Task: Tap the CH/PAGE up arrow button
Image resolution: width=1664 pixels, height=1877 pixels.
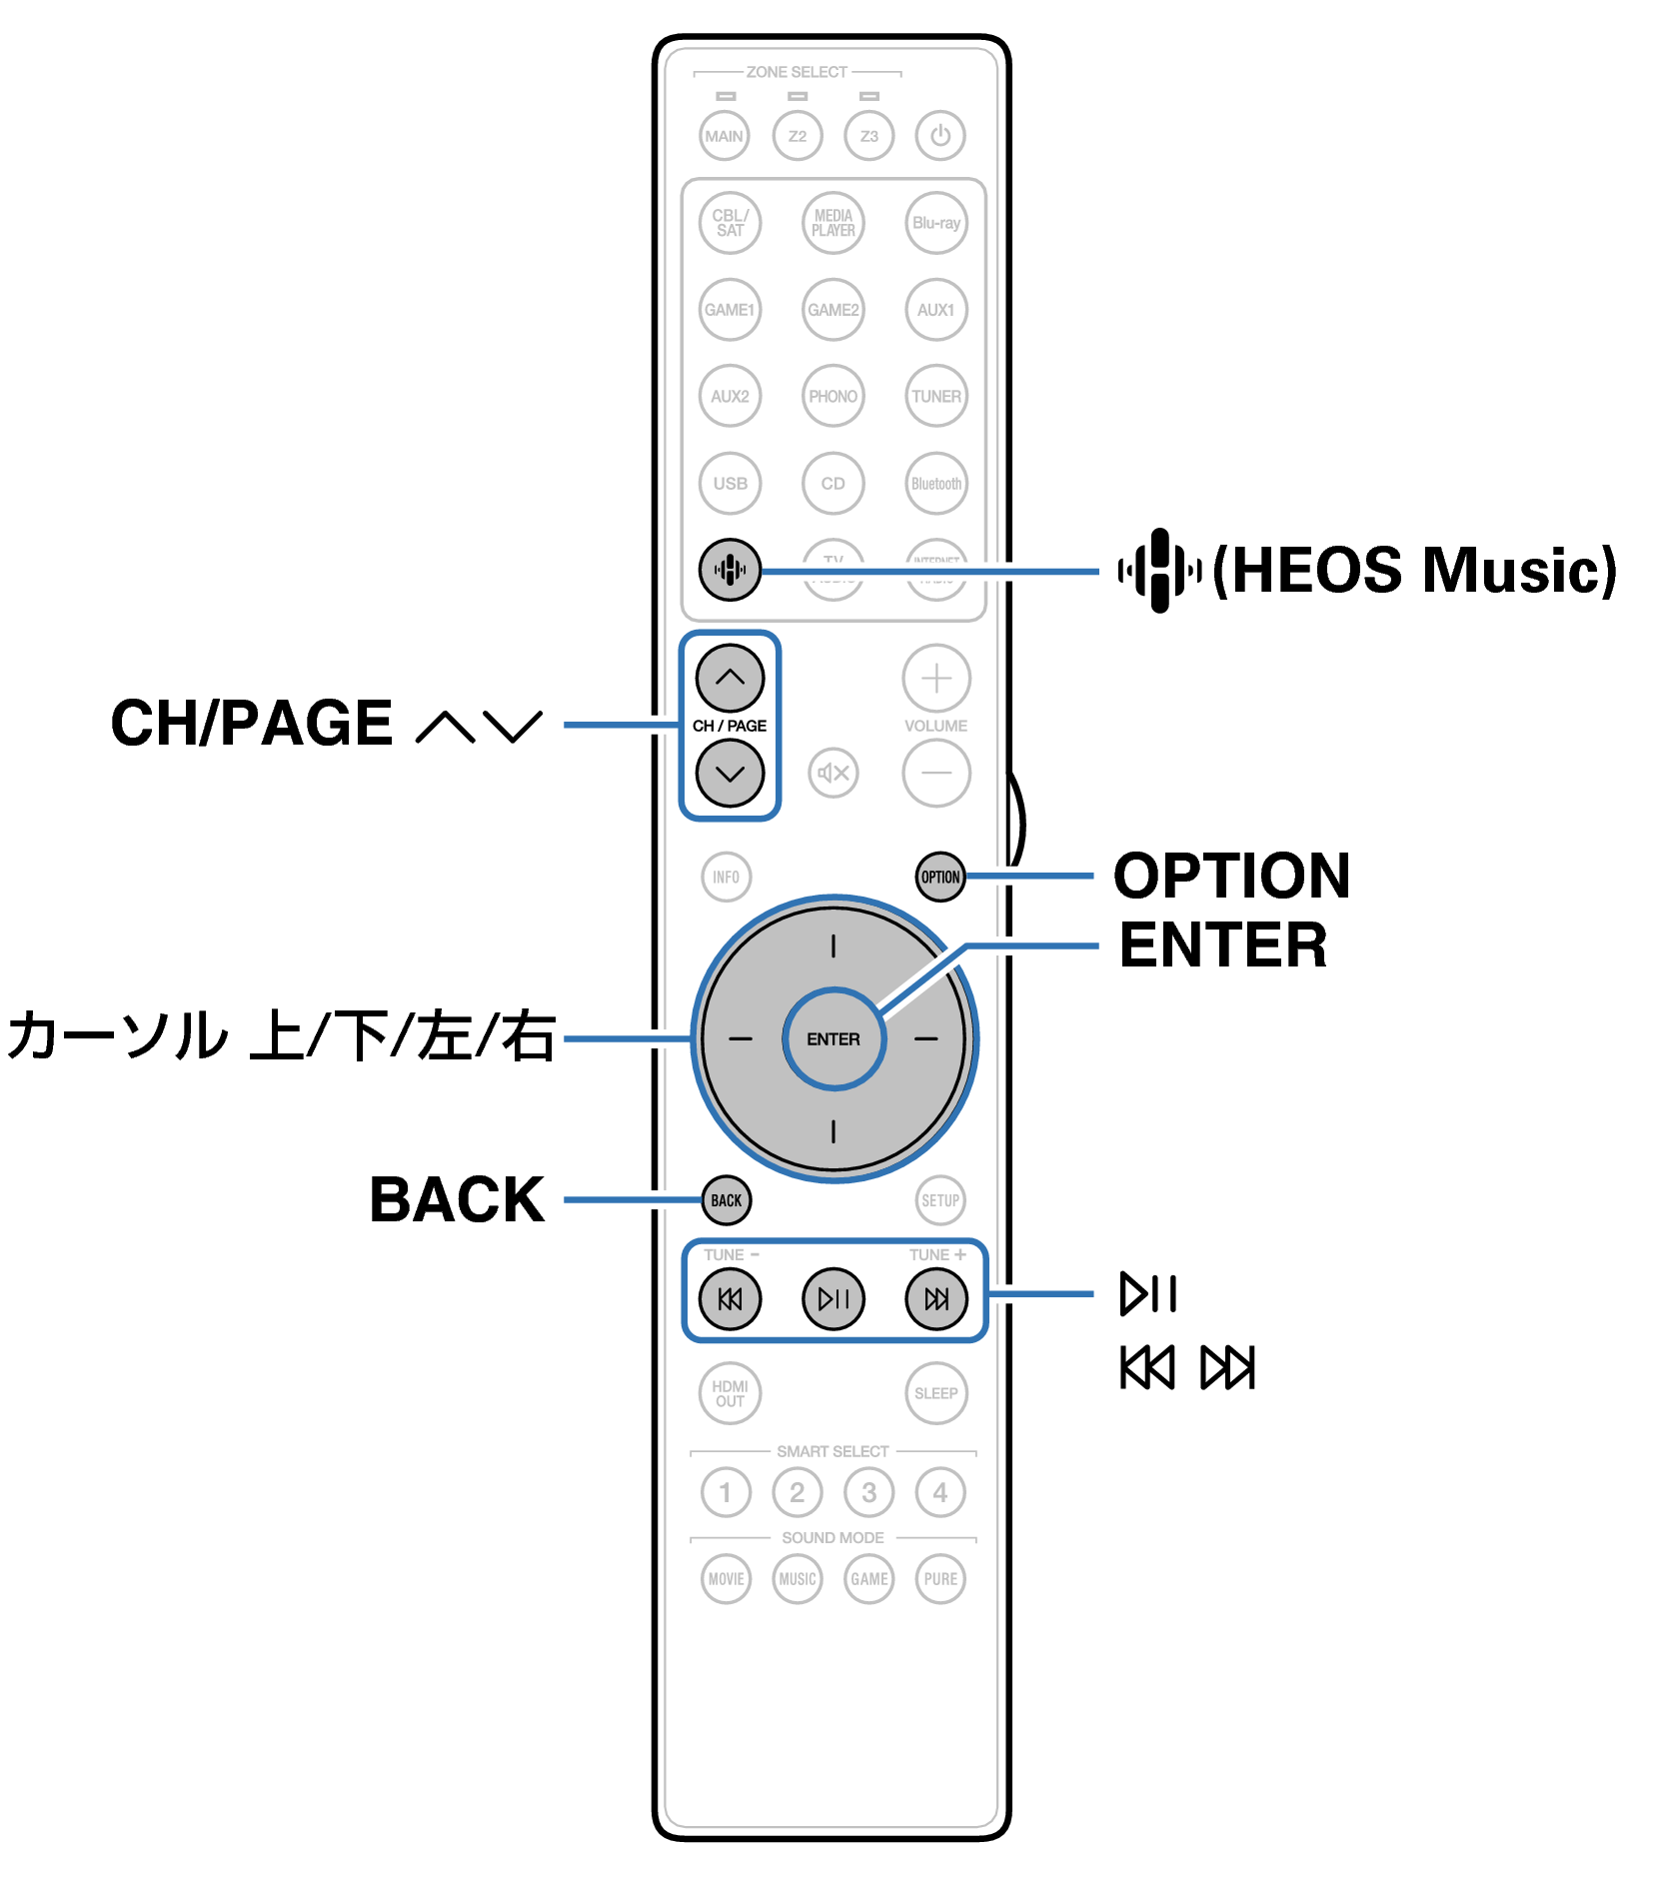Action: point(730,678)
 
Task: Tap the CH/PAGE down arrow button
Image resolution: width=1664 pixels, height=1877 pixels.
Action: point(730,773)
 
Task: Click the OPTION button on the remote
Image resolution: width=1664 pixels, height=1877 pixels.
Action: point(939,877)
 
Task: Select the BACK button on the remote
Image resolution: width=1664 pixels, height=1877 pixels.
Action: point(727,1199)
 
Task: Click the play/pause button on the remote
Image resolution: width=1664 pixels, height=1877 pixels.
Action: point(832,1298)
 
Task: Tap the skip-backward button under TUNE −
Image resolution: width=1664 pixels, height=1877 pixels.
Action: point(730,1298)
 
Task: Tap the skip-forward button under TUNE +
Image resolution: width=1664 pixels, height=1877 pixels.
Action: point(936,1298)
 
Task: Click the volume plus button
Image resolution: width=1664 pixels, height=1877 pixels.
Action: point(936,678)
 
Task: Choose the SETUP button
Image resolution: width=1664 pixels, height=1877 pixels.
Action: point(939,1199)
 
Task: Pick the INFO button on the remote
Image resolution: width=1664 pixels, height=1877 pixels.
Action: point(727,877)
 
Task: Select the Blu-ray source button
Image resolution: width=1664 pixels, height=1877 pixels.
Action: point(936,222)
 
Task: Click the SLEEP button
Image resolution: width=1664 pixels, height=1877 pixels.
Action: point(936,1392)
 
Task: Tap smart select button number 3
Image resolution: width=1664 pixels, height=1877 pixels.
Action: point(868,1492)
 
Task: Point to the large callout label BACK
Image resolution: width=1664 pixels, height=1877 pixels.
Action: point(457,1199)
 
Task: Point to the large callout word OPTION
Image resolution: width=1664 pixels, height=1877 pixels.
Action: point(1232,876)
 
